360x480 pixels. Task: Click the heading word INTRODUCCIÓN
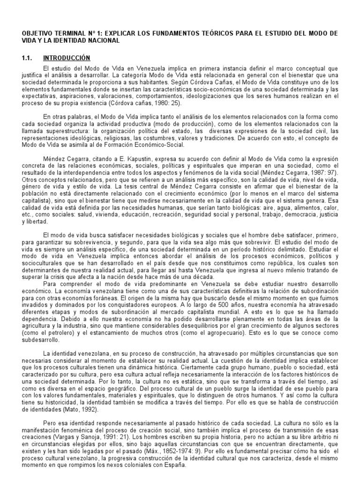(66, 58)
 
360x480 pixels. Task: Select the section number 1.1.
(27, 58)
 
